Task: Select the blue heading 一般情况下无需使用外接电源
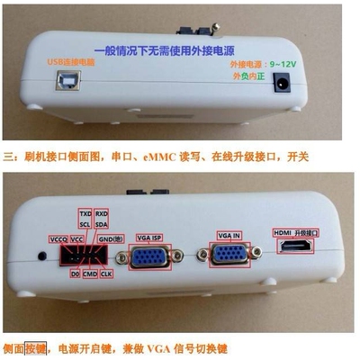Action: [181, 41]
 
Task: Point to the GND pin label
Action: [109, 239]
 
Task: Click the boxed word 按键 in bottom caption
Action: [34, 347]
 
